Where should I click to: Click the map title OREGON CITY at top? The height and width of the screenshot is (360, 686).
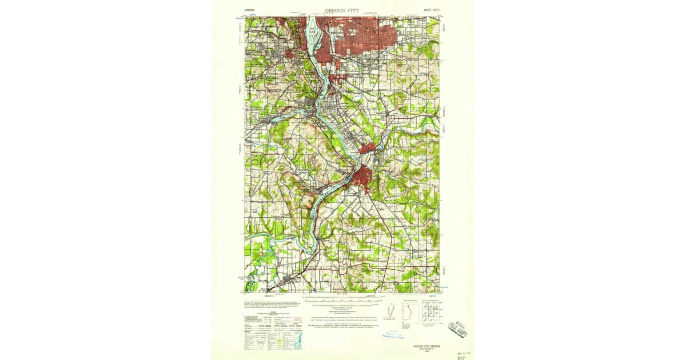[x=342, y=10]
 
